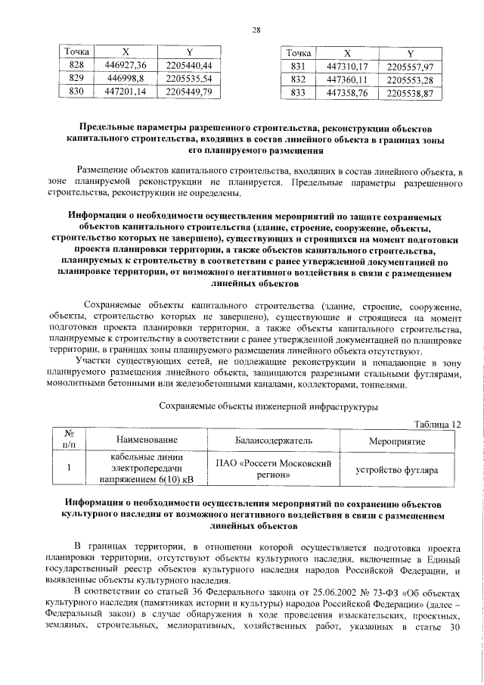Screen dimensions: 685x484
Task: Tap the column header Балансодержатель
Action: click(273, 441)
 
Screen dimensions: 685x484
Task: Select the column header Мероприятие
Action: click(396, 441)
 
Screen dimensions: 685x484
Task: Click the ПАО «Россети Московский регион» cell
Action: click(273, 469)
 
